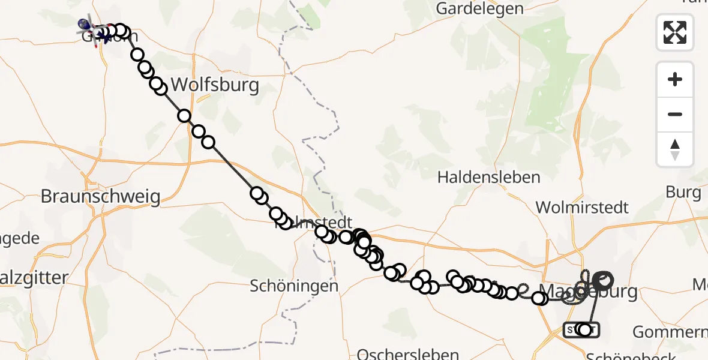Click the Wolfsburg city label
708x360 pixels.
[215, 85]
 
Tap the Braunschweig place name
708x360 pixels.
[101, 196]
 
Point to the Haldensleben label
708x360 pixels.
[488, 178]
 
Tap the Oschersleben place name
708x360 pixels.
[408, 354]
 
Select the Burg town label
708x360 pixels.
[683, 193]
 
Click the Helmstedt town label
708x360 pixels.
[312, 223]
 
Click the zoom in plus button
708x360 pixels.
[675, 79]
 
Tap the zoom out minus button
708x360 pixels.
[675, 114]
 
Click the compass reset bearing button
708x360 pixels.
[675, 149]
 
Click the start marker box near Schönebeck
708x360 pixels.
[581, 329]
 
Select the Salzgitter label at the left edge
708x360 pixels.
[30, 278]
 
